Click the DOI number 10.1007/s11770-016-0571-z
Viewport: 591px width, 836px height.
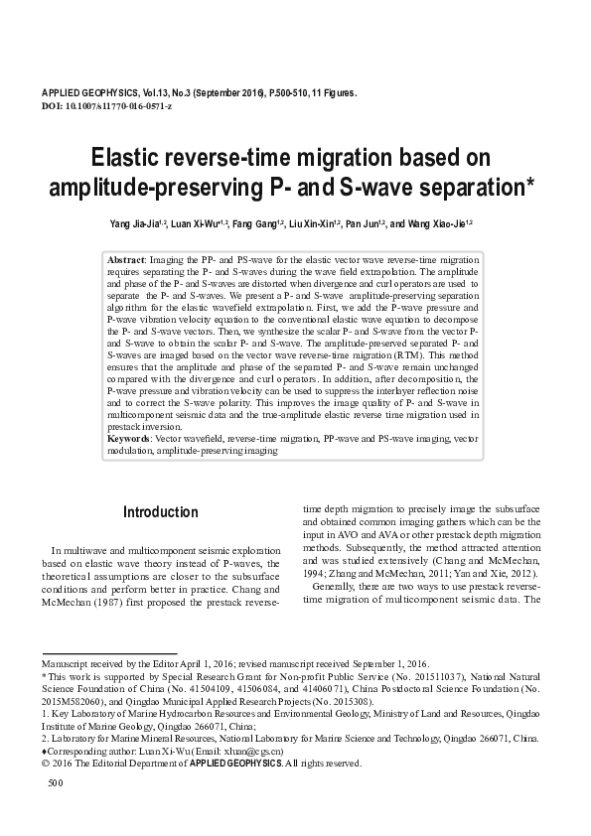coord(115,105)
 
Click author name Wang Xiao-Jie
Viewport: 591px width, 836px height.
coord(434,224)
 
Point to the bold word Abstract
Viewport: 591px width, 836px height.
coord(126,258)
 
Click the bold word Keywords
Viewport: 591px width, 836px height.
coord(128,438)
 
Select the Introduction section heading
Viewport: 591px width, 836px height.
coord(160,513)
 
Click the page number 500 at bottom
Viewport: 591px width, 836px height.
coord(56,784)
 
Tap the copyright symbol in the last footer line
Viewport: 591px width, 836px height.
coord(44,764)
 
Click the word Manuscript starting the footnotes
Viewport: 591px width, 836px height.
coord(65,662)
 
